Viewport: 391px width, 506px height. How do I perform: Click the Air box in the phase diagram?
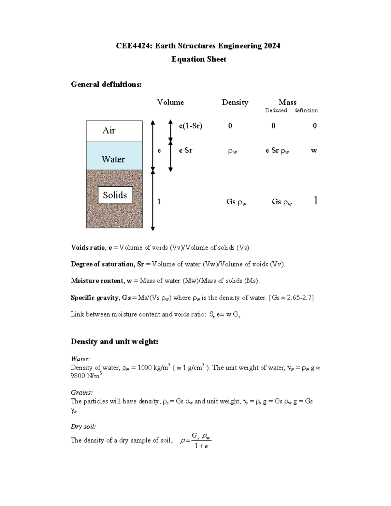(x=114, y=131)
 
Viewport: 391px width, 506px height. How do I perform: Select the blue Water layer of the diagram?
(x=114, y=156)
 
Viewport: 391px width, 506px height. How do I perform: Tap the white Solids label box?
(x=115, y=195)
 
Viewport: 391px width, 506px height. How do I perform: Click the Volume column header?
(x=170, y=102)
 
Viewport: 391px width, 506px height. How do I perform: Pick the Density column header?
(x=235, y=102)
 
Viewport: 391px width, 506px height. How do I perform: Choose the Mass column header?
(x=287, y=102)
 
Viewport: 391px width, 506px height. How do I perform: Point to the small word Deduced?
(x=276, y=110)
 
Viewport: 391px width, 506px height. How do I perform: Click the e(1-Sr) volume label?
(x=191, y=126)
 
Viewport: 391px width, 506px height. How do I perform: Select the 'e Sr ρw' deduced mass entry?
(x=277, y=151)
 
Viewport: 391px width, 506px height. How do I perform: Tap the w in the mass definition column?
(x=314, y=151)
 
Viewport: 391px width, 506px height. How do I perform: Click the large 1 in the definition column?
(x=315, y=201)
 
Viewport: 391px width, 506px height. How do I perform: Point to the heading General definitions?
(x=106, y=84)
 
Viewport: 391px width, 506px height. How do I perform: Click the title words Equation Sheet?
(x=199, y=59)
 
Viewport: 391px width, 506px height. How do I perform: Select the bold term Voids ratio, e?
(x=92, y=248)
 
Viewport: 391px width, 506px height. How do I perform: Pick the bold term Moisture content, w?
(x=101, y=281)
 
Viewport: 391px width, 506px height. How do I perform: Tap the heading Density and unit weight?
(x=114, y=341)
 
